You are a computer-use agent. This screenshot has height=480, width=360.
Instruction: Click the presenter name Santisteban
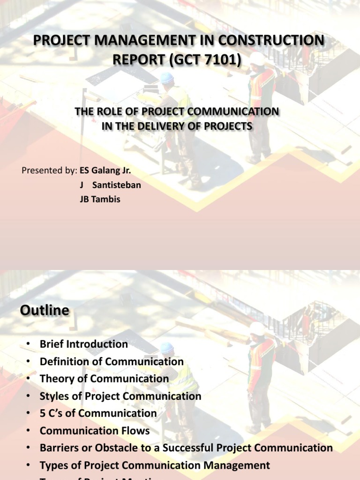click(116, 185)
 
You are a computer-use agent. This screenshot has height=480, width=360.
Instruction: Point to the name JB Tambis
click(100, 199)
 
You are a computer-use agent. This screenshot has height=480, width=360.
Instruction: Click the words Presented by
click(48, 170)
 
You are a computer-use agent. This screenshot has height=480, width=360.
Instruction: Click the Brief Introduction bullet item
click(83, 344)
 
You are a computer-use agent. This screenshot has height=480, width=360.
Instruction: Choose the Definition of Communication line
click(112, 361)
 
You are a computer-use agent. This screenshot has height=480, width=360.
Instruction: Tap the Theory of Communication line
click(104, 379)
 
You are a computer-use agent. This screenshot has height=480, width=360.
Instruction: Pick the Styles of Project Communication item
click(120, 396)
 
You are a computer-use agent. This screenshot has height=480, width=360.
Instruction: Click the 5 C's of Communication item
click(98, 413)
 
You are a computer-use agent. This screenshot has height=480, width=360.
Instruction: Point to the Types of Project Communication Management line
click(155, 465)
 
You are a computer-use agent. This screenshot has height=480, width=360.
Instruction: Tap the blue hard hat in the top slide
click(167, 78)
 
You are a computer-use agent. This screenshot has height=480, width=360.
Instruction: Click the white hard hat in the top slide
click(257, 59)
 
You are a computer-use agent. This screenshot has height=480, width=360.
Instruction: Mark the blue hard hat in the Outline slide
click(167, 348)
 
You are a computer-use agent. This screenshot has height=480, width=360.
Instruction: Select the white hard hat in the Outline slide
click(257, 328)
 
